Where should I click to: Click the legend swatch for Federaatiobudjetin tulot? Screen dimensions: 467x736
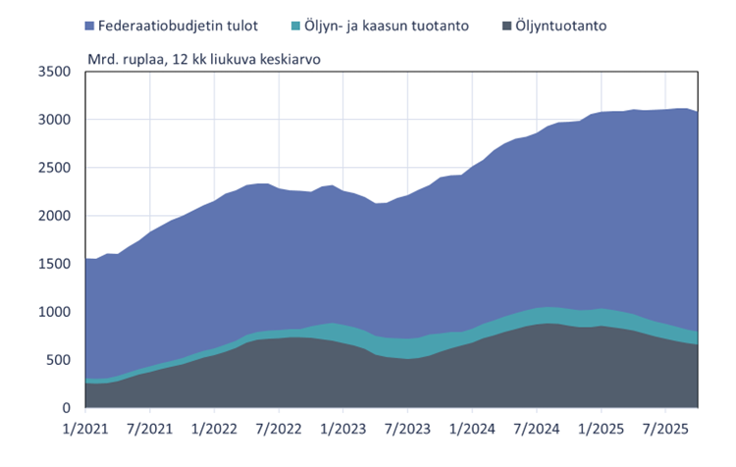tap(91, 25)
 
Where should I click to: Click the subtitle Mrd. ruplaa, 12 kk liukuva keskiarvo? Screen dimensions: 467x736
tap(203, 59)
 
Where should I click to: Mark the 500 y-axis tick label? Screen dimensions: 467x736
tap(60, 360)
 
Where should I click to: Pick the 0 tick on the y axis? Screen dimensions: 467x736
tap(67, 408)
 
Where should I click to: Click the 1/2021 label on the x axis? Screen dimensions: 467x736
tap(84, 429)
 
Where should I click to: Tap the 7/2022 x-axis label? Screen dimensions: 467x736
tap(279, 429)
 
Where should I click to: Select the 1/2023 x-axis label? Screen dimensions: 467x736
tap(342, 429)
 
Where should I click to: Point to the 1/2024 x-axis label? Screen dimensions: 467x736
tap(472, 429)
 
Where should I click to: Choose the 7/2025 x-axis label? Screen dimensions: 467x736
tap(665, 429)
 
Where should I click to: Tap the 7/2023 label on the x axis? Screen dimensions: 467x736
tap(407, 429)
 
